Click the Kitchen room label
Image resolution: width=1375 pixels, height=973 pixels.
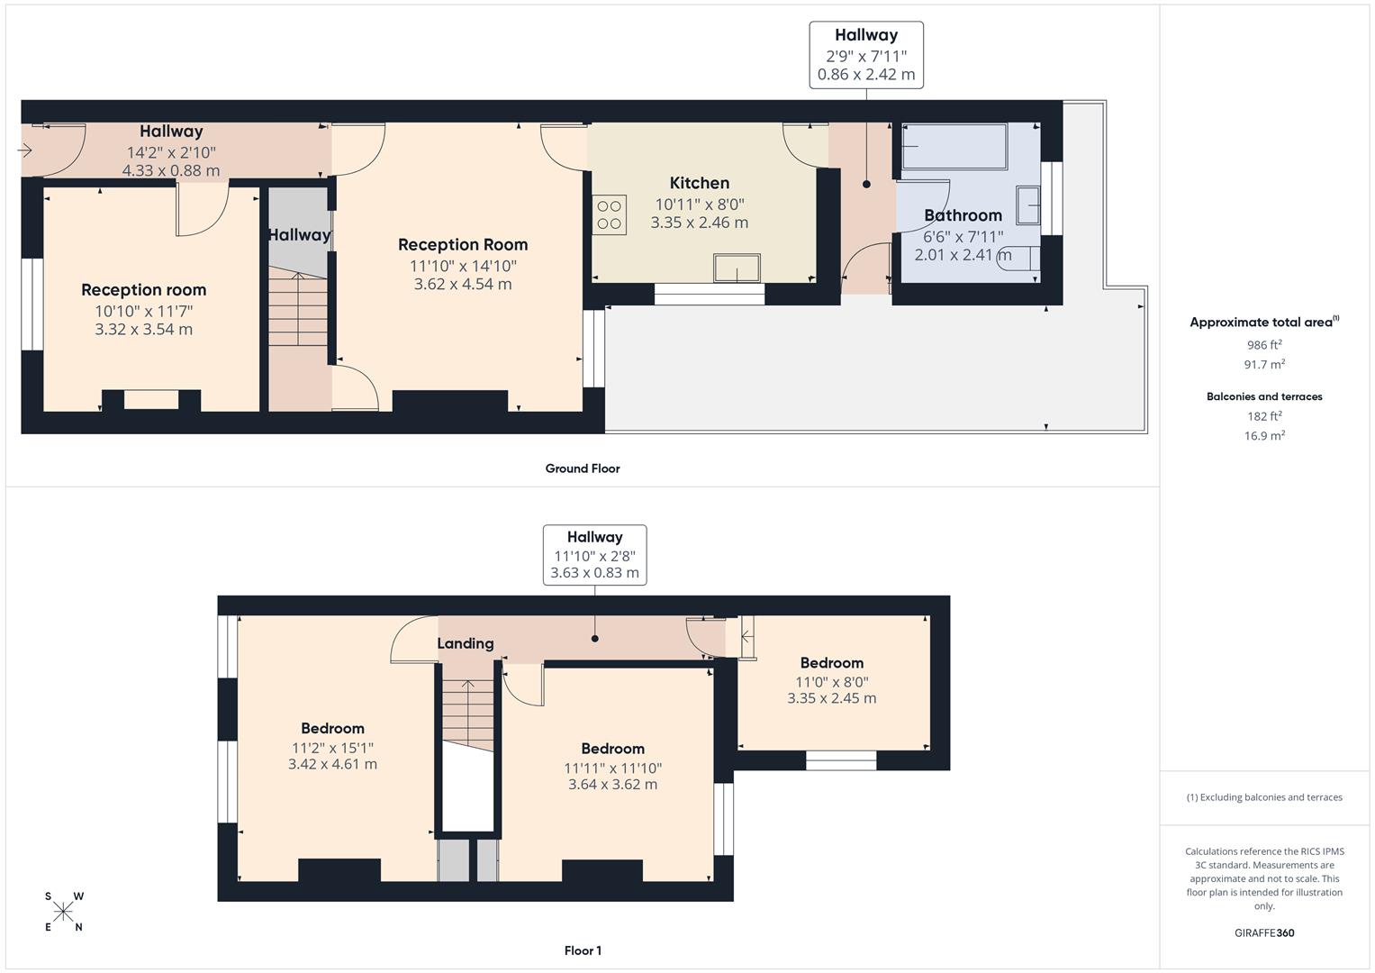coord(699,183)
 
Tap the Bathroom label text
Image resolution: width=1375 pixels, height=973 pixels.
coord(963,215)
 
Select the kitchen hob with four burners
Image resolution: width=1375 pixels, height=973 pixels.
coord(610,215)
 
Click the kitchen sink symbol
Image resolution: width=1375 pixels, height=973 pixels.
coord(737,268)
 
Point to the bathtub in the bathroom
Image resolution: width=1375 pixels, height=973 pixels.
coord(954,147)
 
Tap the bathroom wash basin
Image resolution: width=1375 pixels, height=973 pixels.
coord(1028,205)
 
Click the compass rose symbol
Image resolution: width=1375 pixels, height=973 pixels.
coord(63,912)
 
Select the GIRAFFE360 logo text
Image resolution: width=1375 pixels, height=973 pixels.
coord(1264,932)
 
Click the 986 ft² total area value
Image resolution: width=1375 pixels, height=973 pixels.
coord(1264,345)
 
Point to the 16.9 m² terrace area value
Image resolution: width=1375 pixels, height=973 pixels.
coord(1264,436)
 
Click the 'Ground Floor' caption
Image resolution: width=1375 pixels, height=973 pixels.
coord(583,468)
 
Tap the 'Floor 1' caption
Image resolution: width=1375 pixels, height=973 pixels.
coord(583,950)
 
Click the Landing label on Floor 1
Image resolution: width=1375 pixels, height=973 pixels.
coord(466,643)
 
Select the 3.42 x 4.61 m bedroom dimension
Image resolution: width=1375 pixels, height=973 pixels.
coord(332,764)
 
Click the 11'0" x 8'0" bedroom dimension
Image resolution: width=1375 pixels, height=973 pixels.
coord(831,682)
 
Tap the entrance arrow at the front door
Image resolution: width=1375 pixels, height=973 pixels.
coord(25,150)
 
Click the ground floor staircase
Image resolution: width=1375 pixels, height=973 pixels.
coord(299,311)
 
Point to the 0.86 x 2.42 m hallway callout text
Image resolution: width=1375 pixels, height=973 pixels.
coord(866,75)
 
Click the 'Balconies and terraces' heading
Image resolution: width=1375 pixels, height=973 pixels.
coord(1264,396)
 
